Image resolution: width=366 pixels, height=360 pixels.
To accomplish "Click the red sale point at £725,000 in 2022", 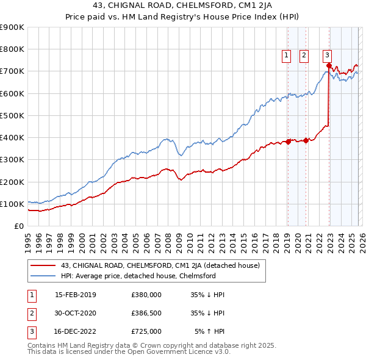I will (329, 65).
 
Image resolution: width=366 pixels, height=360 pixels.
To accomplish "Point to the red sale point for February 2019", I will (288, 142).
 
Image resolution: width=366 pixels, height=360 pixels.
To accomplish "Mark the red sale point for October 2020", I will (306, 140).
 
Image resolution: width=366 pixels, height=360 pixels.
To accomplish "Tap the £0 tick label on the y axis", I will (20, 226).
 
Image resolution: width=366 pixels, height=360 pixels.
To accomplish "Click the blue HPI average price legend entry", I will (138, 276).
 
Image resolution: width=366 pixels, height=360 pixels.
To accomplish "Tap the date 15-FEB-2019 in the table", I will (76, 294).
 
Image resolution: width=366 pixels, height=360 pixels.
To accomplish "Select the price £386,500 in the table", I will (146, 313).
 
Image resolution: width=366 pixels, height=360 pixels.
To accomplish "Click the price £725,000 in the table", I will (146, 332).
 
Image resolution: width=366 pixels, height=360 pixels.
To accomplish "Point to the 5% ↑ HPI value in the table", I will (209, 332).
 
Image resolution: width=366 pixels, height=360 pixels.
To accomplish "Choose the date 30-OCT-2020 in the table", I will (76, 313).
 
